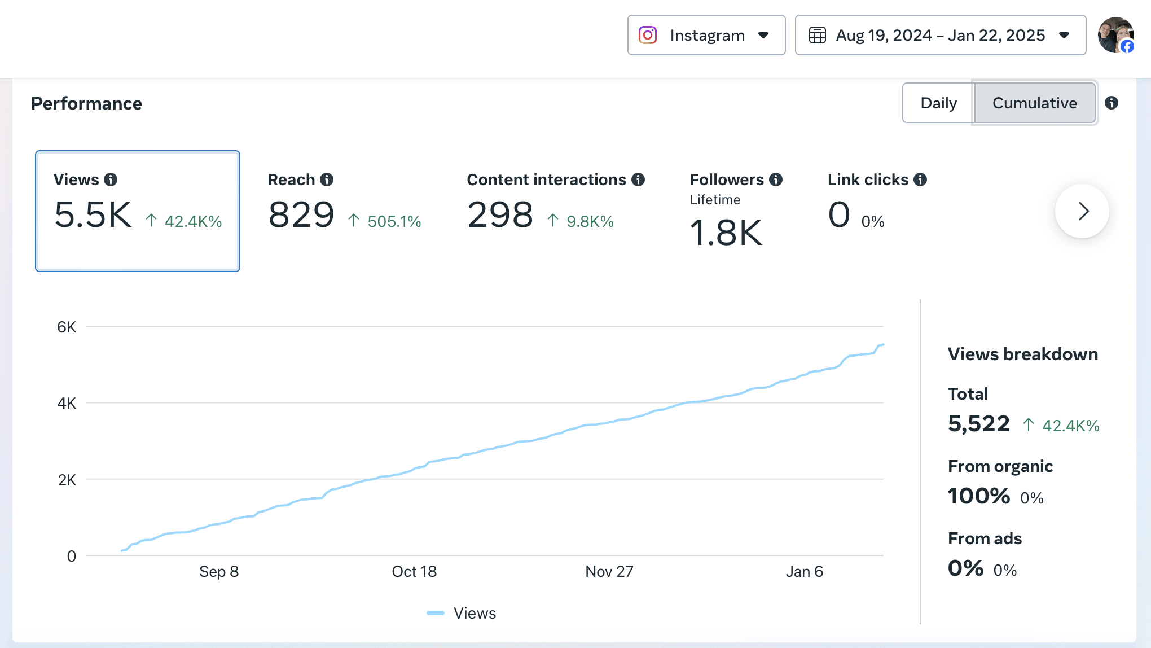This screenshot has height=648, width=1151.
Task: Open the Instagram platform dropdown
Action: click(x=706, y=35)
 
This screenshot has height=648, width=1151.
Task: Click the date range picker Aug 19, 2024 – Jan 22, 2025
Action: click(x=940, y=35)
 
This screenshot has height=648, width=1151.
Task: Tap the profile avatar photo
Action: click(x=1115, y=35)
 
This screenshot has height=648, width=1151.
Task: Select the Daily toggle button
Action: click(x=938, y=103)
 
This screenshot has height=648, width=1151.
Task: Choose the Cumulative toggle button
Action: click(x=1034, y=103)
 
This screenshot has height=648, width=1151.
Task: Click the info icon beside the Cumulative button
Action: click(x=1112, y=103)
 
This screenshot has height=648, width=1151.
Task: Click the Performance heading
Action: click(x=86, y=103)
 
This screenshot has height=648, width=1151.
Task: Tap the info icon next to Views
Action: click(x=111, y=179)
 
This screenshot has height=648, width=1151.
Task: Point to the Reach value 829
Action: click(x=301, y=215)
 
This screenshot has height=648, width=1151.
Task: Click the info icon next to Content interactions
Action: click(x=638, y=179)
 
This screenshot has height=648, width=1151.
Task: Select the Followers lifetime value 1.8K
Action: click(x=726, y=233)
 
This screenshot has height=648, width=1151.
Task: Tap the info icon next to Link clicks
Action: click(x=920, y=179)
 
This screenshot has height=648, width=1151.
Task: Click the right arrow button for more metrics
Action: click(x=1082, y=211)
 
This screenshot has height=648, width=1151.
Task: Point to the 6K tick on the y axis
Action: click(x=67, y=327)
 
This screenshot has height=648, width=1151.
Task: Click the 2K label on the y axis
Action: click(x=67, y=480)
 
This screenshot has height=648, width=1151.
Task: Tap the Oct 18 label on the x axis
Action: click(x=414, y=572)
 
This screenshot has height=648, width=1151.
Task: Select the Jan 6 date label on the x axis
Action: click(x=805, y=572)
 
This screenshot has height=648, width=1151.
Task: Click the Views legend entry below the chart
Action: click(x=462, y=613)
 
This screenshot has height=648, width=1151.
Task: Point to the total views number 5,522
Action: click(x=979, y=424)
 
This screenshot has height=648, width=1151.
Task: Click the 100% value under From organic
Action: click(x=979, y=496)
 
